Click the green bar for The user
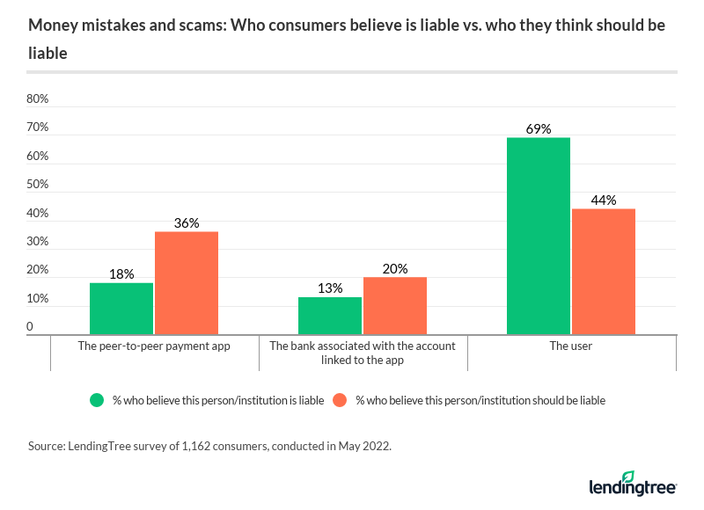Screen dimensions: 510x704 [x=539, y=236]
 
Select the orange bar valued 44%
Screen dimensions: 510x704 [x=603, y=272]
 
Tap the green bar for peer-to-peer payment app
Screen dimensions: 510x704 [x=121, y=309]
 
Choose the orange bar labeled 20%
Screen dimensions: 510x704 [x=395, y=306]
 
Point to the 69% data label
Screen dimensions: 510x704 [x=539, y=128]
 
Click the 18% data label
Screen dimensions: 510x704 [x=121, y=273]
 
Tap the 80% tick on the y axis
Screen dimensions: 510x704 [x=37, y=99]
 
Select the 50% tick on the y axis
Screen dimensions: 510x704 [x=37, y=186]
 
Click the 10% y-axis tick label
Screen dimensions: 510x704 [x=37, y=299]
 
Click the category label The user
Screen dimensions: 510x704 [x=571, y=346]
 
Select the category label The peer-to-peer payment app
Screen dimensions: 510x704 [x=154, y=346]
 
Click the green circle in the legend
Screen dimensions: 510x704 [x=98, y=400]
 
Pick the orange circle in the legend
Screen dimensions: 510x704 [x=341, y=400]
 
